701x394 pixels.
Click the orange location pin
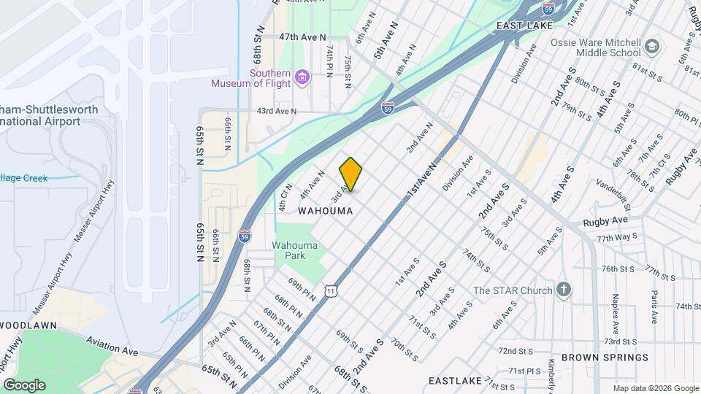coord(350,174)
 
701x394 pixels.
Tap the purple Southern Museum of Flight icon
coord(302,75)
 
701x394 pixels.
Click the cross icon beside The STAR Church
coord(563,290)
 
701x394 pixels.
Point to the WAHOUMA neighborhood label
coord(326,211)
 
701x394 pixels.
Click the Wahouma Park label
coord(295,250)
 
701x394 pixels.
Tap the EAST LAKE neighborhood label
coord(523,26)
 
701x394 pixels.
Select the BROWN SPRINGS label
coord(613,358)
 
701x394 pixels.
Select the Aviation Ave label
coord(112,345)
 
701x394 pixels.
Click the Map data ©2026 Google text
coord(655,388)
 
